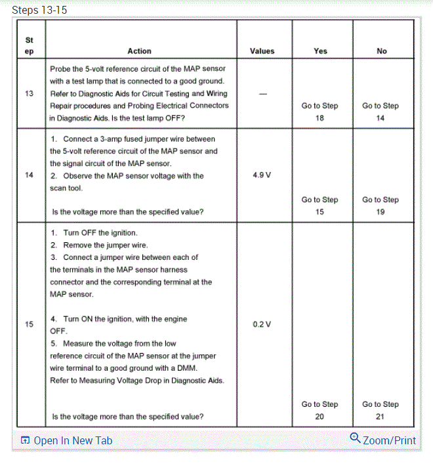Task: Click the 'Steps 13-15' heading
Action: click(x=39, y=11)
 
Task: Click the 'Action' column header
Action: click(x=139, y=51)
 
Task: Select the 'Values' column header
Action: click(x=262, y=51)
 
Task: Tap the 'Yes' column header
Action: click(x=320, y=51)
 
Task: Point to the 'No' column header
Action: click(x=382, y=51)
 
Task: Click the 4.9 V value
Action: click(x=262, y=176)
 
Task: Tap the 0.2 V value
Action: click(x=262, y=324)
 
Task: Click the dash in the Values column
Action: click(x=262, y=94)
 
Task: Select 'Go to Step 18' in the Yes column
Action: click(x=320, y=112)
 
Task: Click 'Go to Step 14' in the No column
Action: click(x=381, y=112)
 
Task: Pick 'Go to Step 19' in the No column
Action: click(x=381, y=206)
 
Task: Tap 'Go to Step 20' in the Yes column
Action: click(x=320, y=410)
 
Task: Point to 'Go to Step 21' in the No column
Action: click(x=381, y=410)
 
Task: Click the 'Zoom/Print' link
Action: click(x=389, y=440)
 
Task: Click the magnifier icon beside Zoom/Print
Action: click(x=356, y=438)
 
